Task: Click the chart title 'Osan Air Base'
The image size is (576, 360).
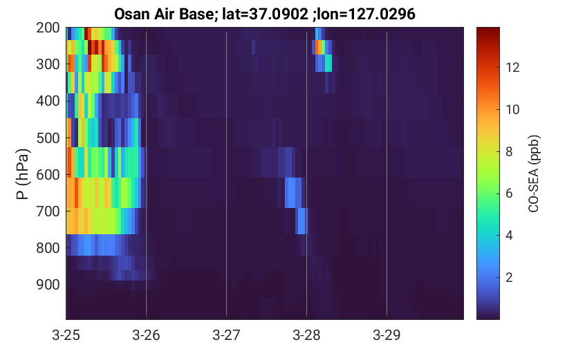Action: [x=163, y=14]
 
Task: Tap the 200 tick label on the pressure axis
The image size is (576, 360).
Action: [x=48, y=28]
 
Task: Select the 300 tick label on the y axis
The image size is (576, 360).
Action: [x=48, y=64]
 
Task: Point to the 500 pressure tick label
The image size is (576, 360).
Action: [x=48, y=138]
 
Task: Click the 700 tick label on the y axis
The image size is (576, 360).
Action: [x=48, y=211]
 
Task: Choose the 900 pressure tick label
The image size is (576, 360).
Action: [x=48, y=285]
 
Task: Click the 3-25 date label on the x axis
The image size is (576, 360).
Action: [x=66, y=335]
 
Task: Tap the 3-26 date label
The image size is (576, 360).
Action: [x=146, y=335]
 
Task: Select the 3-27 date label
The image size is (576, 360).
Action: [x=226, y=335]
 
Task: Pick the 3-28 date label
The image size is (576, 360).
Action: [x=306, y=335]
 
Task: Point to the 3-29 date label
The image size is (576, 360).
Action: [x=387, y=335]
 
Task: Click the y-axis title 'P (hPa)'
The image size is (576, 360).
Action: [x=22, y=174]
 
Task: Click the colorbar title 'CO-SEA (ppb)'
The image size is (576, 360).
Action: [x=533, y=174]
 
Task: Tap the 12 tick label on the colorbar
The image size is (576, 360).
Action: [x=512, y=68]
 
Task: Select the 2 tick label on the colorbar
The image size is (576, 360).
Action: [x=509, y=278]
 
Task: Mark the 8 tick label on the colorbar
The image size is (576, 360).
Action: [x=509, y=151]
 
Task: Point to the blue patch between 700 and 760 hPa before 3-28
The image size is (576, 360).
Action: [x=301, y=221]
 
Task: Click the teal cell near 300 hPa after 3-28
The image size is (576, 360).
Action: [x=328, y=63]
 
